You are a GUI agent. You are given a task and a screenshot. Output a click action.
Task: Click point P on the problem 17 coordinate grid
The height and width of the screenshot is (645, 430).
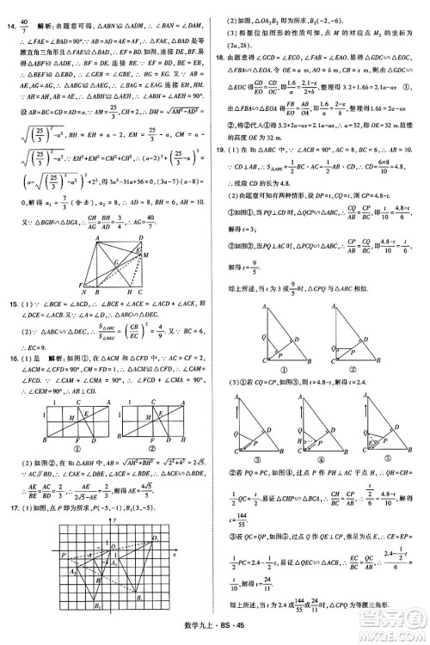coord(62,555)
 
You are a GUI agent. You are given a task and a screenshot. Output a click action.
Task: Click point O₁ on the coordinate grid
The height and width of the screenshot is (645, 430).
coord(156,538)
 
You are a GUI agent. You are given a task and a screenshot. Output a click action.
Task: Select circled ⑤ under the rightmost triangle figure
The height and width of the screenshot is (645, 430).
coord(388,460)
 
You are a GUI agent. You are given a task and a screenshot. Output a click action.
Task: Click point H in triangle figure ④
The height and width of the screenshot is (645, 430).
coord(313,439)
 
